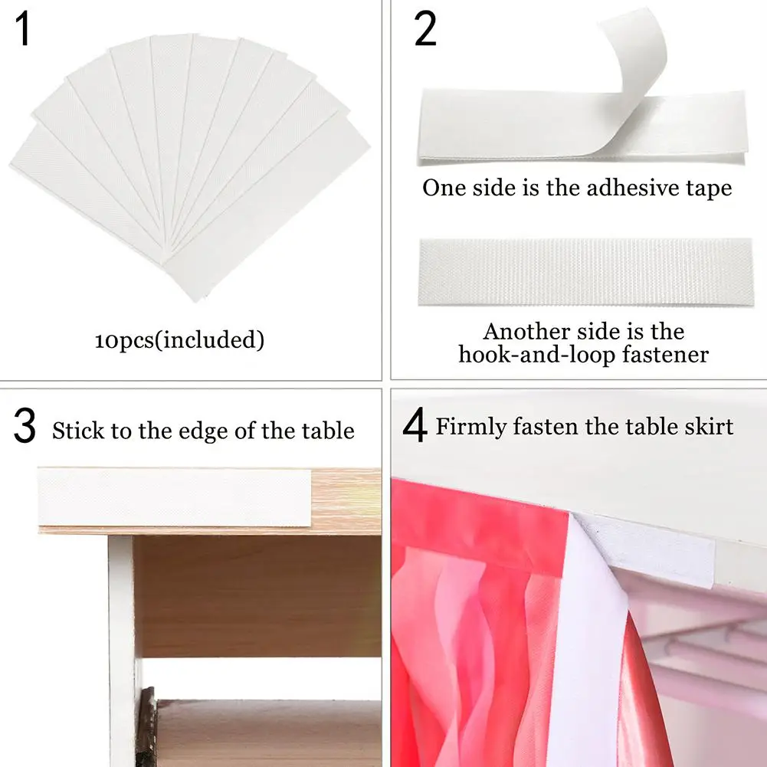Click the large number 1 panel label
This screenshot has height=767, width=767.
(22, 29)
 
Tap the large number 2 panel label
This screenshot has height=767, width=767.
(425, 29)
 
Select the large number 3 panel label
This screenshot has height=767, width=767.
(25, 425)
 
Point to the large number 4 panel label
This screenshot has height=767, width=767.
(415, 425)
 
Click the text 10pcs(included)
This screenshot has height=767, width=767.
(179, 340)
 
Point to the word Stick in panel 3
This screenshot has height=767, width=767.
(78, 431)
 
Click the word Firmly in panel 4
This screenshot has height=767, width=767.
(471, 427)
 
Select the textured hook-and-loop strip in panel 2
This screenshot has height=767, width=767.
(585, 272)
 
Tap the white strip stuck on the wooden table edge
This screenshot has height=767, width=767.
(175, 497)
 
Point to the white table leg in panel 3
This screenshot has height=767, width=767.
(121, 651)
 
